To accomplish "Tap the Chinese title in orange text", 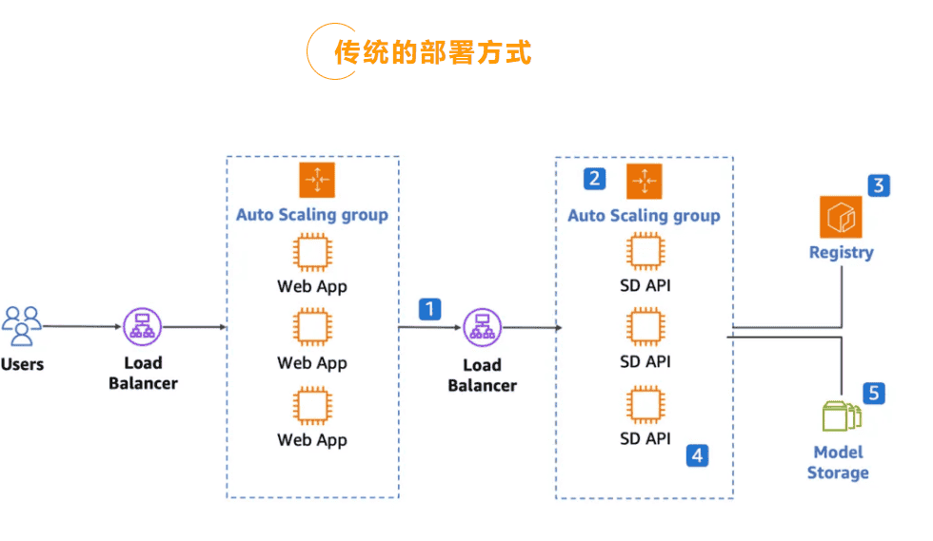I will coord(432,51).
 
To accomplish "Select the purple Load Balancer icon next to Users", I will coord(143,326).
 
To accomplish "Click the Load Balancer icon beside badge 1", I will coord(482,328).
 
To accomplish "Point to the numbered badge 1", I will coord(430,309).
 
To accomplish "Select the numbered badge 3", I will coord(879,185).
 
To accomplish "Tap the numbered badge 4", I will coord(698,455).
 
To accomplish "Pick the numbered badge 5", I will coord(874,393).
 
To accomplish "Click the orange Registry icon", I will coord(840,217).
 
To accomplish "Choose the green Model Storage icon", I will coord(841,416).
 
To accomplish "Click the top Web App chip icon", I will coord(312,253).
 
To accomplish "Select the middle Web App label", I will coord(312,363).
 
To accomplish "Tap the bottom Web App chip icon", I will coord(312,406).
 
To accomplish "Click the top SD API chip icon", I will coord(645,252).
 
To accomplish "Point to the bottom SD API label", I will coord(645,438).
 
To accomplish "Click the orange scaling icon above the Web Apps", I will coord(316,180).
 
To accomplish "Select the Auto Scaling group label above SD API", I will coord(644,216).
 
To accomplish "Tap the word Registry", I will coord(841,253).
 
